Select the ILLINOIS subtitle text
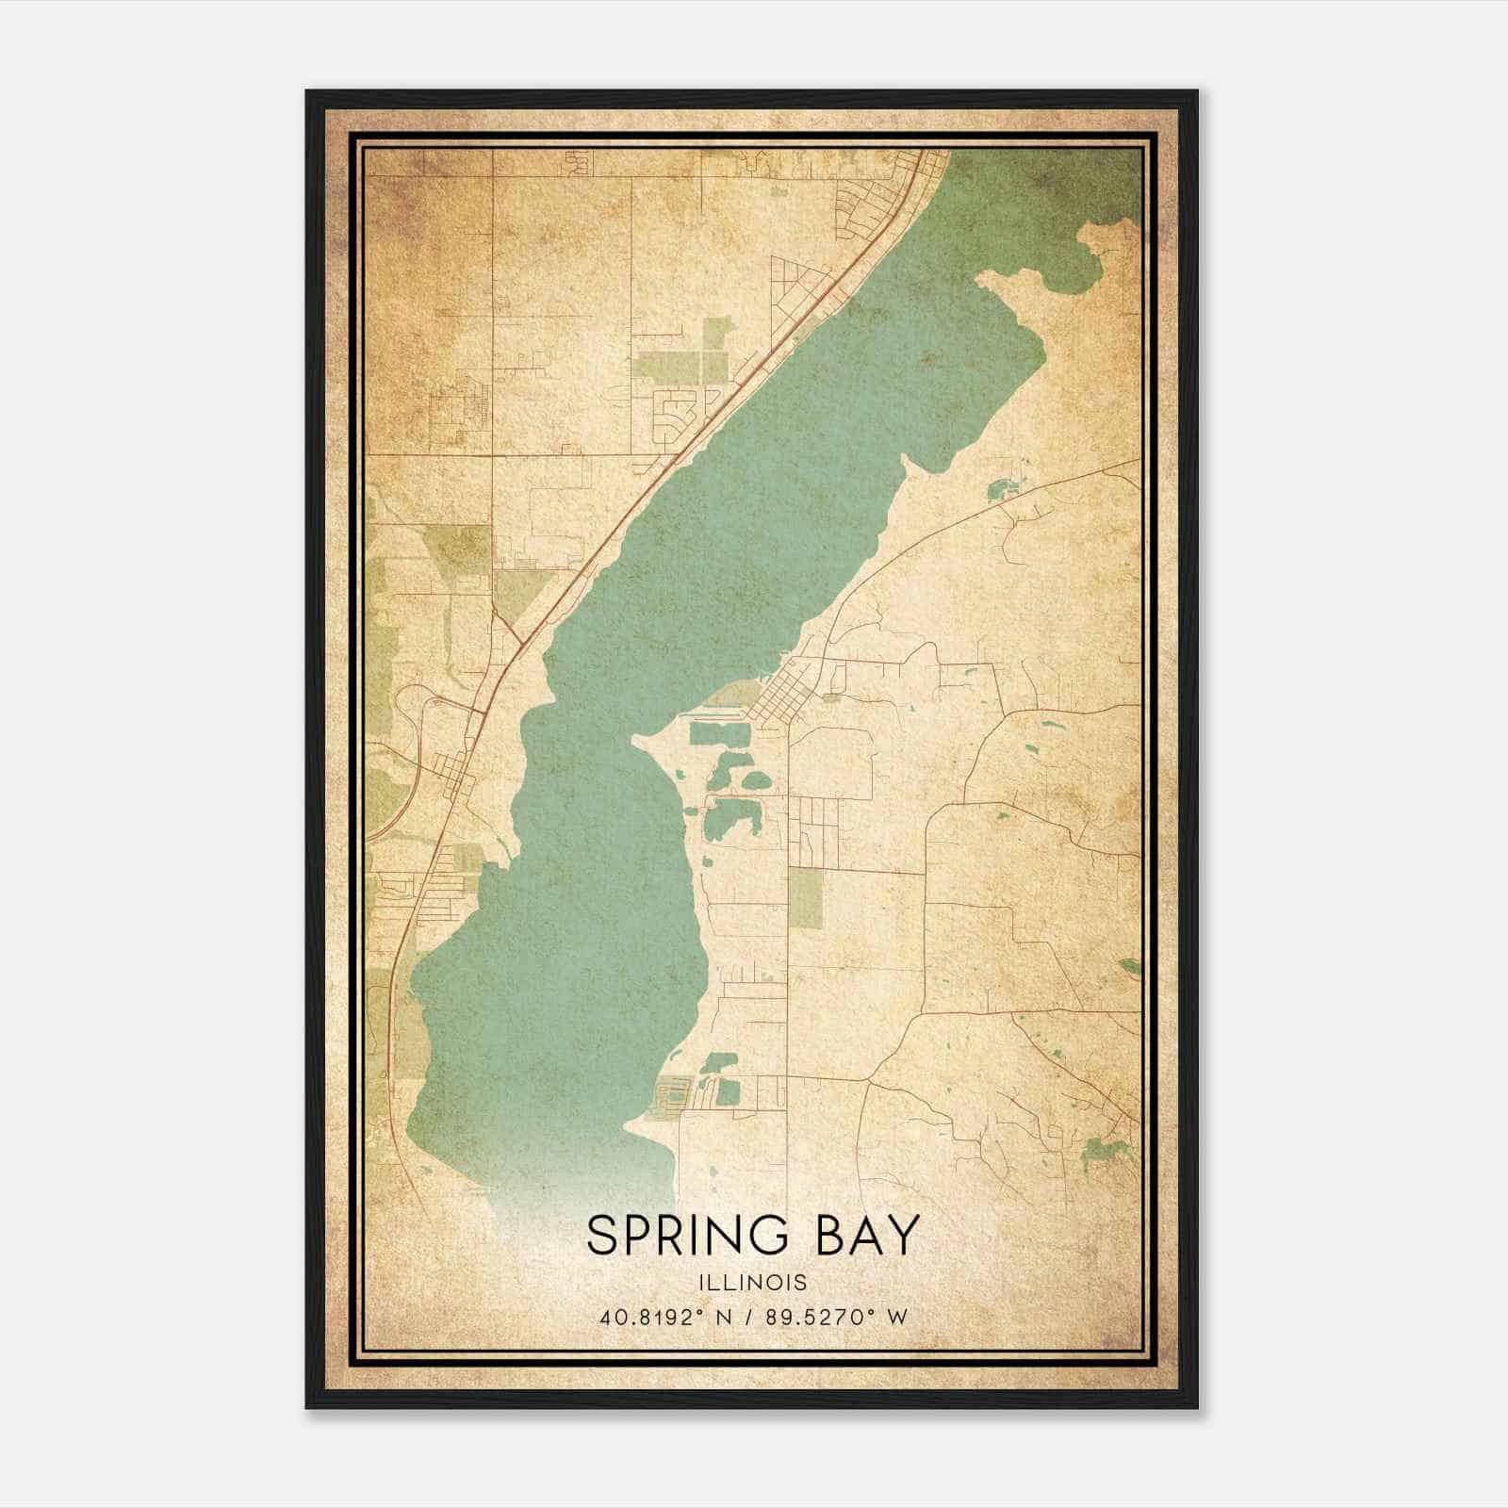753,1282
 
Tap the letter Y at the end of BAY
903,1236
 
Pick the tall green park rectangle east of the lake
805,895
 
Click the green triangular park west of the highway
516,589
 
